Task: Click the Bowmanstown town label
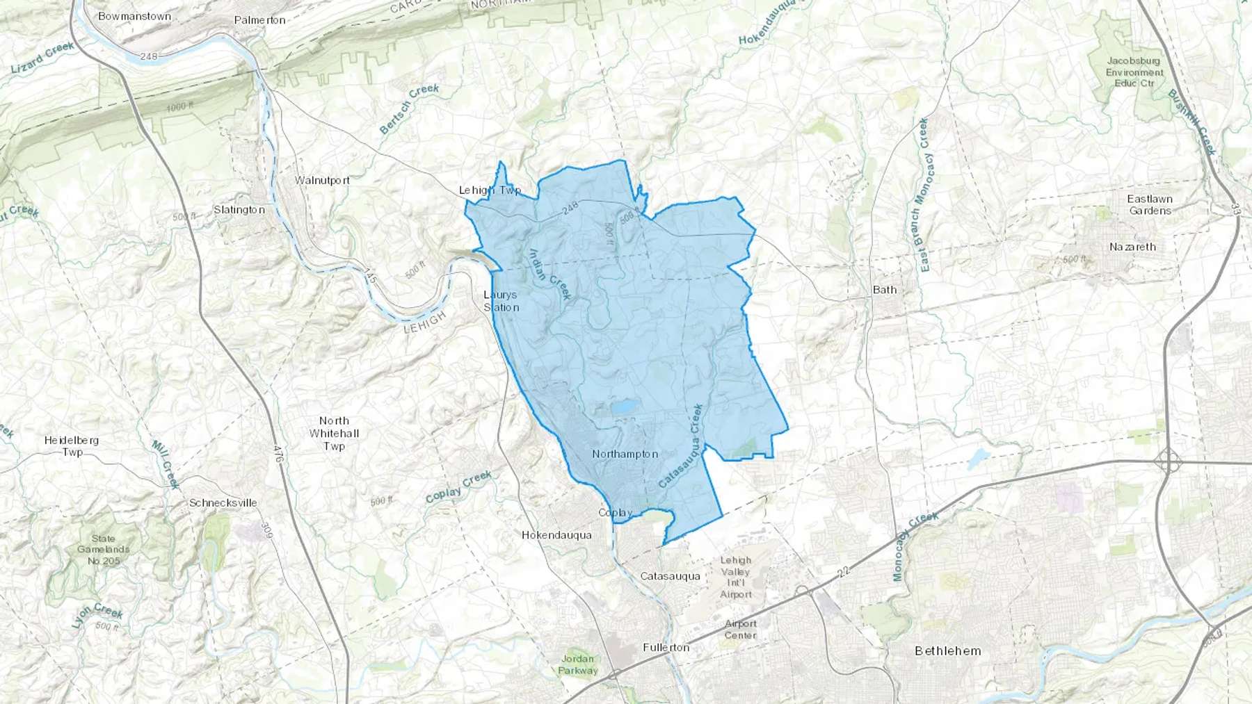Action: (134, 16)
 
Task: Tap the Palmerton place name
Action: (259, 20)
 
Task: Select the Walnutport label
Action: (322, 180)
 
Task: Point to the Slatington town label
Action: (239, 210)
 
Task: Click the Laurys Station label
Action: (501, 301)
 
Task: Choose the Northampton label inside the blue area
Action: (625, 454)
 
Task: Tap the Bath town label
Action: (885, 290)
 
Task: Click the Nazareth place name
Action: (1132, 247)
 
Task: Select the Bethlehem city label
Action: (948, 651)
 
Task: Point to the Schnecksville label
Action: (223, 502)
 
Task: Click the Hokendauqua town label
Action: (556, 535)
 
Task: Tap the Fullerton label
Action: (666, 648)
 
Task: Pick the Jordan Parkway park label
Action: (578, 664)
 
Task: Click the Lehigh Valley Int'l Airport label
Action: (736, 578)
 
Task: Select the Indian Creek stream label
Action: (550, 275)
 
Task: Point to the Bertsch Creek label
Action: (410, 108)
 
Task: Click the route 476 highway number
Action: (278, 455)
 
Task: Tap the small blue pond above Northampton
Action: (624, 406)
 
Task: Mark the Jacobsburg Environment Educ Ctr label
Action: (1134, 72)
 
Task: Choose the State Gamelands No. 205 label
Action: (104, 550)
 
